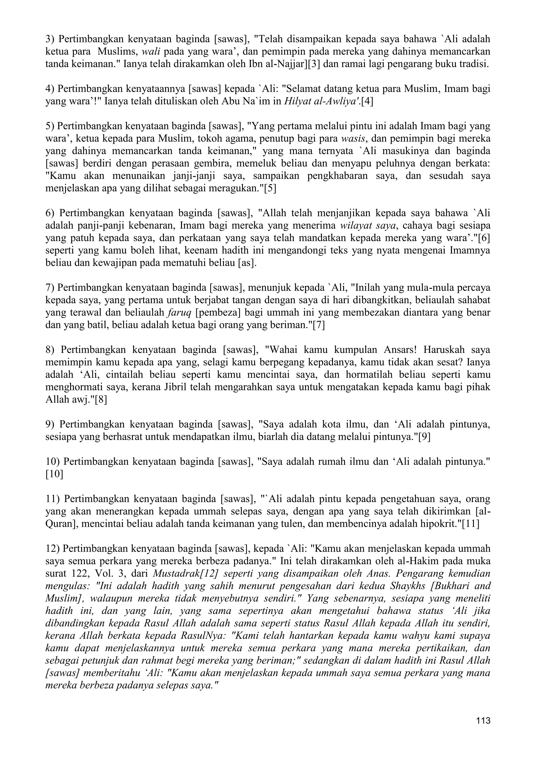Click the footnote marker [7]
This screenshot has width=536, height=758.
319,325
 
